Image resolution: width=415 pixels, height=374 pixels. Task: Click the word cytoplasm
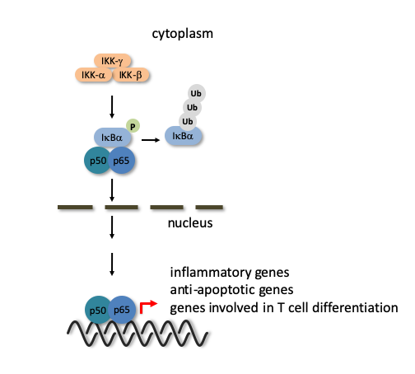coord(183,34)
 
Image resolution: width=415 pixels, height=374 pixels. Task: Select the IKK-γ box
coord(112,61)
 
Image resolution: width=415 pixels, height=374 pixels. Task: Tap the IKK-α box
coord(94,75)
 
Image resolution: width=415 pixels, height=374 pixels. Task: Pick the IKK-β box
coord(131,75)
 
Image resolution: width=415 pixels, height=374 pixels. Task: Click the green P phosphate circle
coord(133,126)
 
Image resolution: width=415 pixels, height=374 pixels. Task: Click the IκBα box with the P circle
coord(112,138)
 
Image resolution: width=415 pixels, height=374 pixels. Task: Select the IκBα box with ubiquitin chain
coord(183,136)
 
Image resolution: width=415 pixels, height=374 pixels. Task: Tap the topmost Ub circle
coord(196,93)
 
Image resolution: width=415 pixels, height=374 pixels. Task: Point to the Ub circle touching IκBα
coord(188,121)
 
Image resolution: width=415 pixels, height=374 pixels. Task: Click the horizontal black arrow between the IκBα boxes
coord(151,140)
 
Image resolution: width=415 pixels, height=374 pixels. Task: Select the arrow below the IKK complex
coord(112,107)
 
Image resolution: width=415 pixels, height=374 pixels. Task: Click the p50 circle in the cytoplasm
coord(97,161)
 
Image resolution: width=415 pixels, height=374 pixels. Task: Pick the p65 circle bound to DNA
coord(123,310)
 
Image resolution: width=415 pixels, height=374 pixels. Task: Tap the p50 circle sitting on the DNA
coord(97,310)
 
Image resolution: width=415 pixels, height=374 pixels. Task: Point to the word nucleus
coord(190,223)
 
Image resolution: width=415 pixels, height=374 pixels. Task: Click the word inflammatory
coord(211,273)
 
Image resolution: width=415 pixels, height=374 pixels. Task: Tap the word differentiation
coord(355,307)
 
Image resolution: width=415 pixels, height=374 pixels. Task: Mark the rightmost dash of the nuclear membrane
coord(209,208)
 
